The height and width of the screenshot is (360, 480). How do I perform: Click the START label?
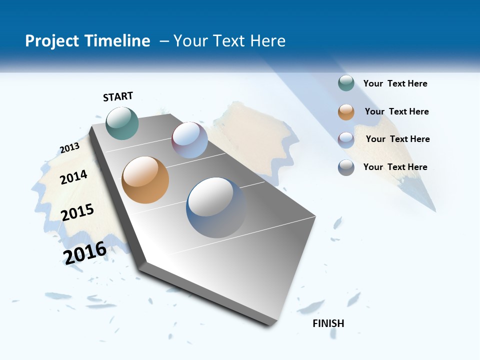coord(118,96)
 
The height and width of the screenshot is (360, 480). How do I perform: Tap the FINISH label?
coord(328,323)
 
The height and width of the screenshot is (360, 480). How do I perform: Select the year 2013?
coord(69,148)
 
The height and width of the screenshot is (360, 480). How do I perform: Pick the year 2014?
coord(73,177)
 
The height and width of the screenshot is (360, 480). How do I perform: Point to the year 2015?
coord(77,212)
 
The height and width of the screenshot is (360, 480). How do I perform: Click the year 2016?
coord(84,252)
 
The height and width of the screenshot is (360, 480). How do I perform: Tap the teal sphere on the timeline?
coord(122,123)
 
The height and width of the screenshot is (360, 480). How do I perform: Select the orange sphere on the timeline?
coord(145,180)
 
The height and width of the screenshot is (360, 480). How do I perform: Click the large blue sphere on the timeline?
coord(216,207)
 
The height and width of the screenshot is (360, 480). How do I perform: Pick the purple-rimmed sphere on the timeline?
coord(189,140)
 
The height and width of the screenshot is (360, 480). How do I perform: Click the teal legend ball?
coord(346,83)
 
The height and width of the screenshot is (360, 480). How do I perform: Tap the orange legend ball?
coord(346,112)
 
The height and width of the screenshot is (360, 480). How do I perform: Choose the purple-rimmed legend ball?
coord(346,140)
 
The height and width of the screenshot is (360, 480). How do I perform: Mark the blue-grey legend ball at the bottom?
coord(346,167)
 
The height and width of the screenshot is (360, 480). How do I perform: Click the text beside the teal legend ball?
coord(395,84)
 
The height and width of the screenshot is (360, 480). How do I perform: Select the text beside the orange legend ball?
coord(396,111)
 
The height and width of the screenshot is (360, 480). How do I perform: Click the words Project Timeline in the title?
coord(87,41)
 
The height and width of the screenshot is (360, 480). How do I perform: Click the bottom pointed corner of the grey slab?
coord(270,324)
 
